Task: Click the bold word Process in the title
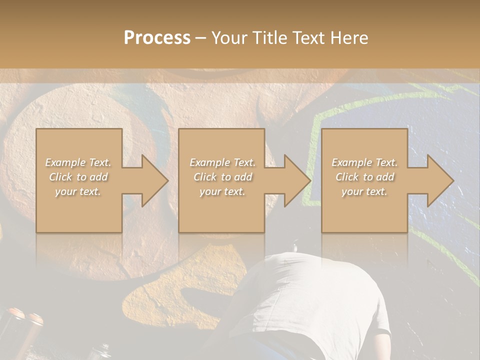[157, 38]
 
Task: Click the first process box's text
[78, 177]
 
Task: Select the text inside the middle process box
[222, 177]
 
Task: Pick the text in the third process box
[364, 177]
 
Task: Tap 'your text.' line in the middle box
[222, 191]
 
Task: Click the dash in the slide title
[200, 38]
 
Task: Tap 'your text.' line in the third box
[364, 191]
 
